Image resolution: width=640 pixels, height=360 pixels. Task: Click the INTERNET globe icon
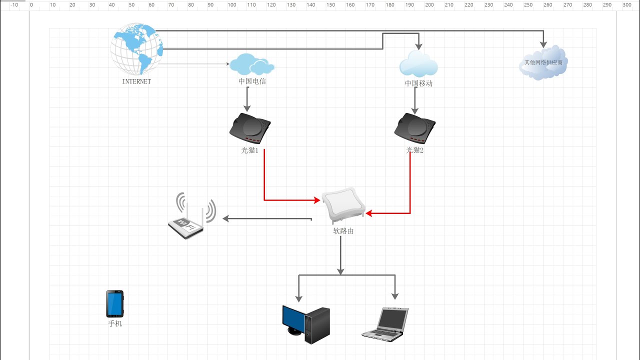pyautogui.click(x=136, y=49)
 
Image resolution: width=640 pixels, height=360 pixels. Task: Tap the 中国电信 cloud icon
pyautogui.click(x=252, y=64)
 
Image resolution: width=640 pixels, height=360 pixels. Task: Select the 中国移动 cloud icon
pyautogui.click(x=418, y=63)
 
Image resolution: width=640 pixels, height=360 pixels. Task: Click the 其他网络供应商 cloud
pyautogui.click(x=543, y=62)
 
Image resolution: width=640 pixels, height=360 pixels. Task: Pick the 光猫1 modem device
pyautogui.click(x=250, y=128)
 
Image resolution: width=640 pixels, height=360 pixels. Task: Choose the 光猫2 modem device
pyautogui.click(x=415, y=128)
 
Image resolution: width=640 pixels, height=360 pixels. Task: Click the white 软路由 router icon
pyautogui.click(x=343, y=205)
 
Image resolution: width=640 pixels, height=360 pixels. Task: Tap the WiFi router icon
pyautogui.click(x=192, y=215)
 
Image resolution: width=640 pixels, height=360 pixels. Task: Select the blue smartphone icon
pyautogui.click(x=115, y=303)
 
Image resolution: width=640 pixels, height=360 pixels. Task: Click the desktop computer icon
pyautogui.click(x=306, y=324)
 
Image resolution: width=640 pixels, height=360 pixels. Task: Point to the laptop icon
pyautogui.click(x=385, y=324)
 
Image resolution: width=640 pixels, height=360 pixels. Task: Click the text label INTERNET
pyautogui.click(x=136, y=81)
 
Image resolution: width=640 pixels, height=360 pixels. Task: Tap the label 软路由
pyautogui.click(x=343, y=231)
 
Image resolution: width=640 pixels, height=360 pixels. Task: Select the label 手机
pyautogui.click(x=115, y=323)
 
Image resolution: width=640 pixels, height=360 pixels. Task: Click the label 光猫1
pyautogui.click(x=249, y=150)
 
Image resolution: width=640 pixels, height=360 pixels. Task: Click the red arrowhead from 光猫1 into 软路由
pyautogui.click(x=317, y=200)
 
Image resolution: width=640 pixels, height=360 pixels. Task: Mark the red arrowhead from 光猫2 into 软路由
pyautogui.click(x=369, y=213)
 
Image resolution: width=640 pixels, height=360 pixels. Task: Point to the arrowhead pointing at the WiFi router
pyautogui.click(x=225, y=218)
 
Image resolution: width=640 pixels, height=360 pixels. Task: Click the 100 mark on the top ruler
pyautogui.click(x=231, y=5)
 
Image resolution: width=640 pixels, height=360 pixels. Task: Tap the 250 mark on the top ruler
pyautogui.click(x=528, y=5)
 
